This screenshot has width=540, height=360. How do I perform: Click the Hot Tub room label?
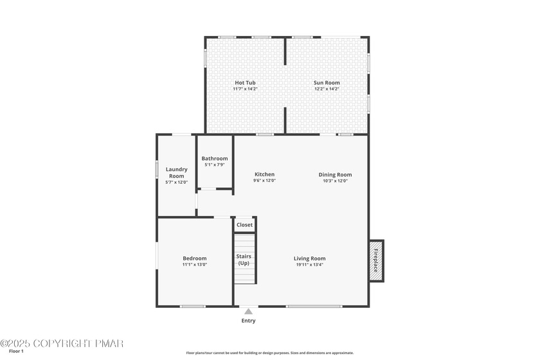pos(245,83)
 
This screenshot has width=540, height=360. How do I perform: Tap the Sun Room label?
pos(327,83)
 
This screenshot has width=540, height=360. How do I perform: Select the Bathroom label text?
pos(215,159)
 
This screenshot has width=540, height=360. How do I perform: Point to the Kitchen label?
pos(264,174)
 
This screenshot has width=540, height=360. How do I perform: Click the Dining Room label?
pos(335,175)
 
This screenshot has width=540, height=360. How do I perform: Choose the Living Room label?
pos(310,258)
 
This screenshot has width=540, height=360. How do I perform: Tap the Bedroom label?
pos(195,258)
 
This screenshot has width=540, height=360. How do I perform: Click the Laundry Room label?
pos(176,172)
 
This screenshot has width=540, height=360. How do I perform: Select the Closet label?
pos(244,224)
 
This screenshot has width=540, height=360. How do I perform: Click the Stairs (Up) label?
pos(244,260)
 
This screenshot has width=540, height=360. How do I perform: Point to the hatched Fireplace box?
pos(376,261)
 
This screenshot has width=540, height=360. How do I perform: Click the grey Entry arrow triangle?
pos(248,311)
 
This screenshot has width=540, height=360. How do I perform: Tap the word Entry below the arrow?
pos(248,321)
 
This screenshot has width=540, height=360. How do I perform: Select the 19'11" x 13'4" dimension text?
pos(310,265)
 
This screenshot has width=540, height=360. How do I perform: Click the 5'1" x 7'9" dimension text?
pos(215,165)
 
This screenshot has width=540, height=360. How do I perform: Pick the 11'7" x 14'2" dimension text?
pos(245,89)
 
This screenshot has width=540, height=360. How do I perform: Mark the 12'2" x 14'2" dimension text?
pos(327,89)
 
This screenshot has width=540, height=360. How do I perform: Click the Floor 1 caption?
pos(16,352)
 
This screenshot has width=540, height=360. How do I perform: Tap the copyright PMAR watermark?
pos(62,343)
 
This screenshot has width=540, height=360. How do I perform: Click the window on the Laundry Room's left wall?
pos(157,170)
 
